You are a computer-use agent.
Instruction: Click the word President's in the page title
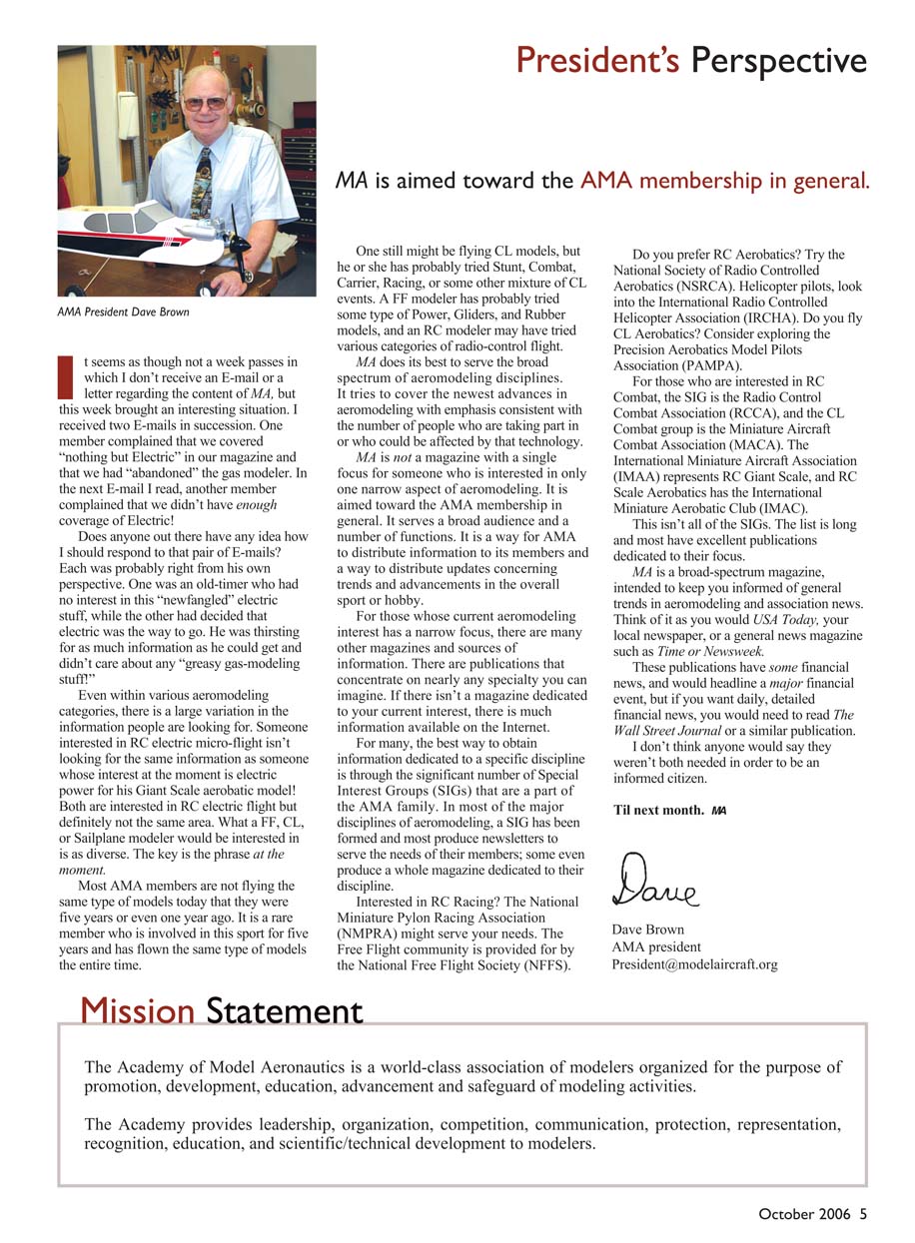(597, 62)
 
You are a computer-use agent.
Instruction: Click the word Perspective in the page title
(778, 62)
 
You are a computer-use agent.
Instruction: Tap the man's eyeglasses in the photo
(204, 103)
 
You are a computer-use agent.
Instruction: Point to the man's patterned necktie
(202, 180)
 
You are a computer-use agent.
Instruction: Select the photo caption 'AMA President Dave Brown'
(123, 312)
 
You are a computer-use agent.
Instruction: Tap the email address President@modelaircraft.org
(694, 964)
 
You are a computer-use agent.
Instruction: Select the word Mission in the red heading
(138, 1011)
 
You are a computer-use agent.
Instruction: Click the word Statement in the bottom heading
(285, 1011)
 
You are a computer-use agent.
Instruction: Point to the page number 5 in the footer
(863, 1214)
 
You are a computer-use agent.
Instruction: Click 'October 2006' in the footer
(804, 1214)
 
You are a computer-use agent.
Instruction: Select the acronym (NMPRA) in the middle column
(372, 933)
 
